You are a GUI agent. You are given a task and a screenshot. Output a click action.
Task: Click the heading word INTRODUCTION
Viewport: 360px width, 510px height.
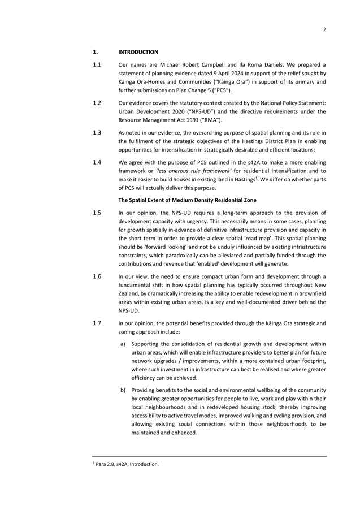(138, 52)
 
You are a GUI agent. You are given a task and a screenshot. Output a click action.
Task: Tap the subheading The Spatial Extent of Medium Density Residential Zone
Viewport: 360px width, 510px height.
(187, 200)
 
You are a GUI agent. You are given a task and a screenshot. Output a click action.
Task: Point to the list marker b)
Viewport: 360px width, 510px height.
(123, 390)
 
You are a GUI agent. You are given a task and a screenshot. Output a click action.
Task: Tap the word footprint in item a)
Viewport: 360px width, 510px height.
(310, 361)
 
